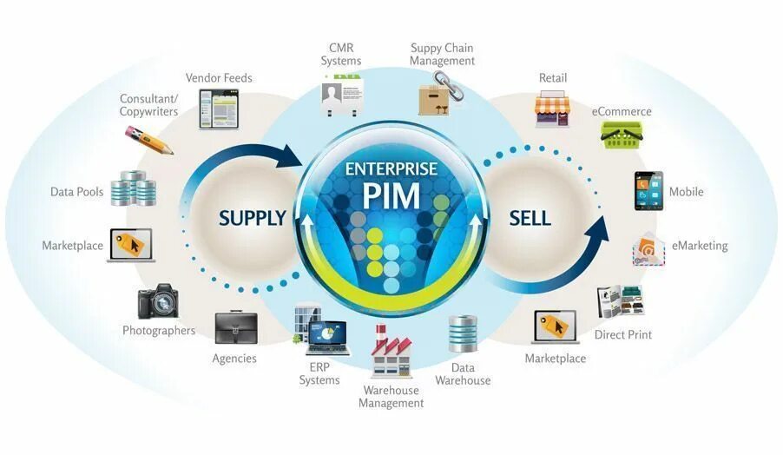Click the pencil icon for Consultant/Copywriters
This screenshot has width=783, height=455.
tap(149, 140)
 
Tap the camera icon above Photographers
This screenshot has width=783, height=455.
tap(158, 301)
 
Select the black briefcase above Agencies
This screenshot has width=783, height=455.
tap(234, 326)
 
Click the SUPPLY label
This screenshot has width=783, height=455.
tap(252, 218)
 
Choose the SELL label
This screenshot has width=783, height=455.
tap(530, 218)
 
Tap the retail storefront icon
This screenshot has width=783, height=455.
tap(553, 109)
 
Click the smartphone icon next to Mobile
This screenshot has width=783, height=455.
tap(648, 192)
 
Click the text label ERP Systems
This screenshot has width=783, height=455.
tap(319, 373)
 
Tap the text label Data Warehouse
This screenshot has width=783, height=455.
tap(463, 374)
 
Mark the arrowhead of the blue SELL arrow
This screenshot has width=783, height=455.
tap(597, 227)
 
